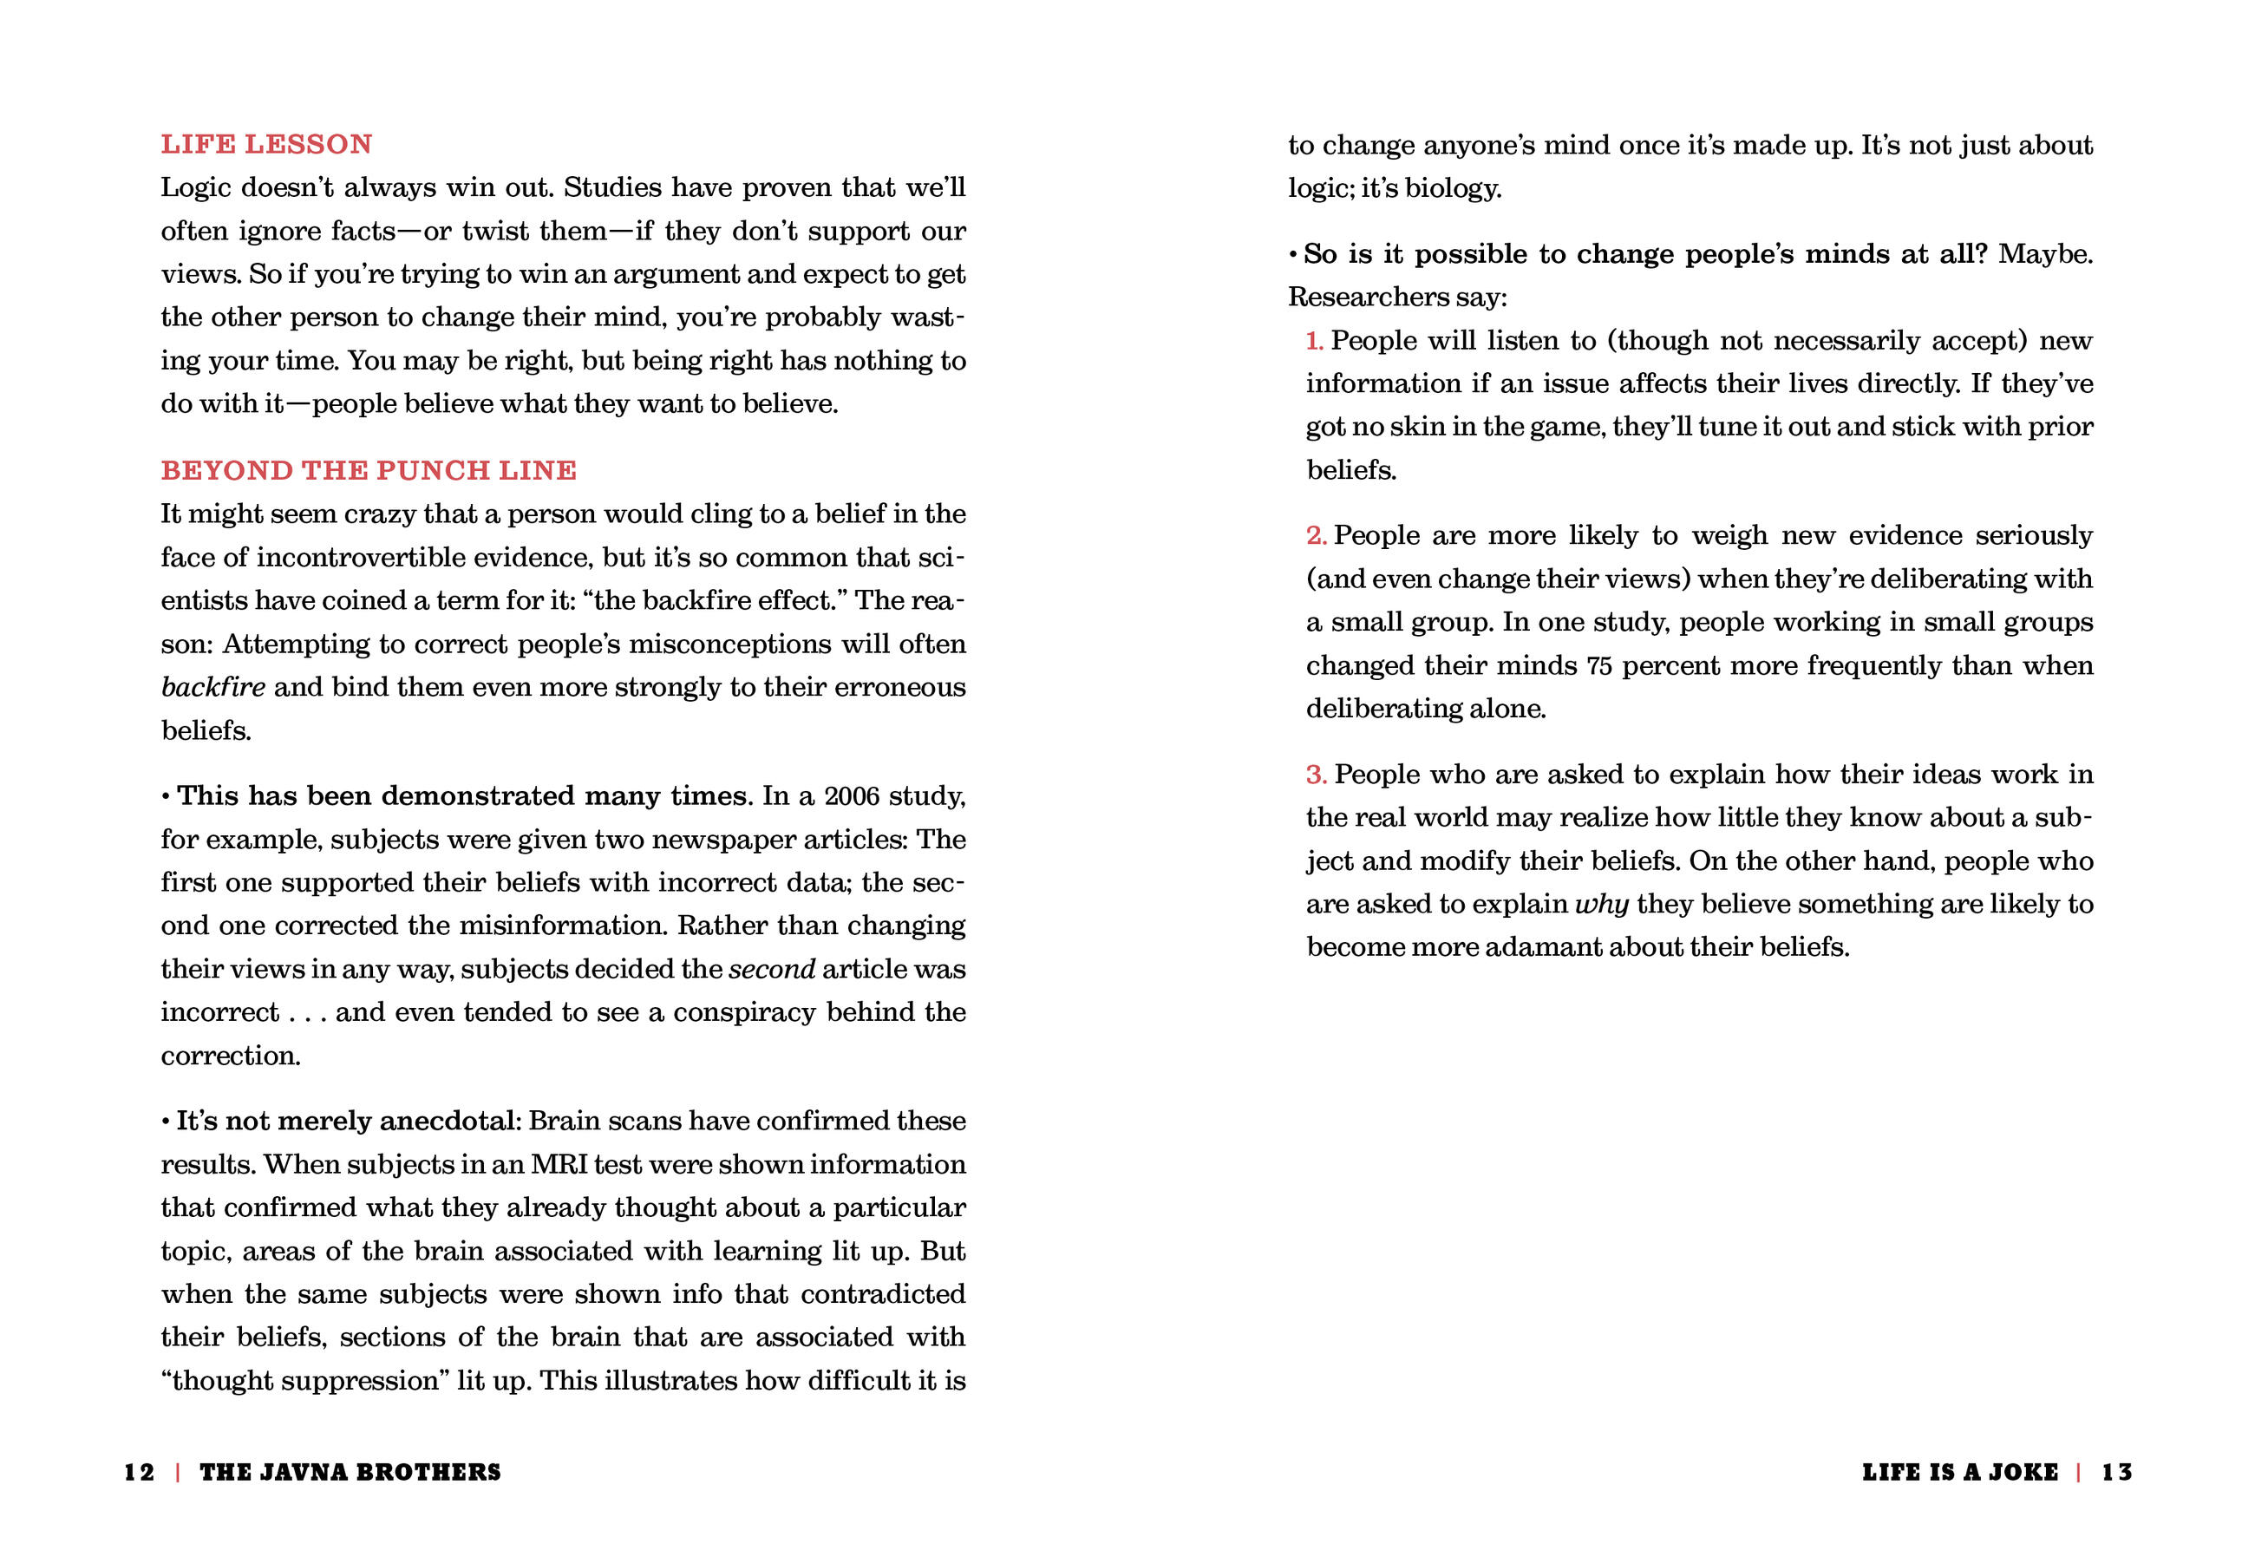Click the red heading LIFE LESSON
[266, 144]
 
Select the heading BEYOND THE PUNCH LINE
[369, 470]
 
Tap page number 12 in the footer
[139, 1472]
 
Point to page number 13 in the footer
[2116, 1472]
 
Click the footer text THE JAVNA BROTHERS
[350, 1472]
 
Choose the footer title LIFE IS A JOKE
[1959, 1472]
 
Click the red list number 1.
[1314, 341]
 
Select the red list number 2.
[1316, 535]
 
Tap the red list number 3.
[1316, 775]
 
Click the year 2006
[852, 796]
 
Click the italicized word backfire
[212, 687]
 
